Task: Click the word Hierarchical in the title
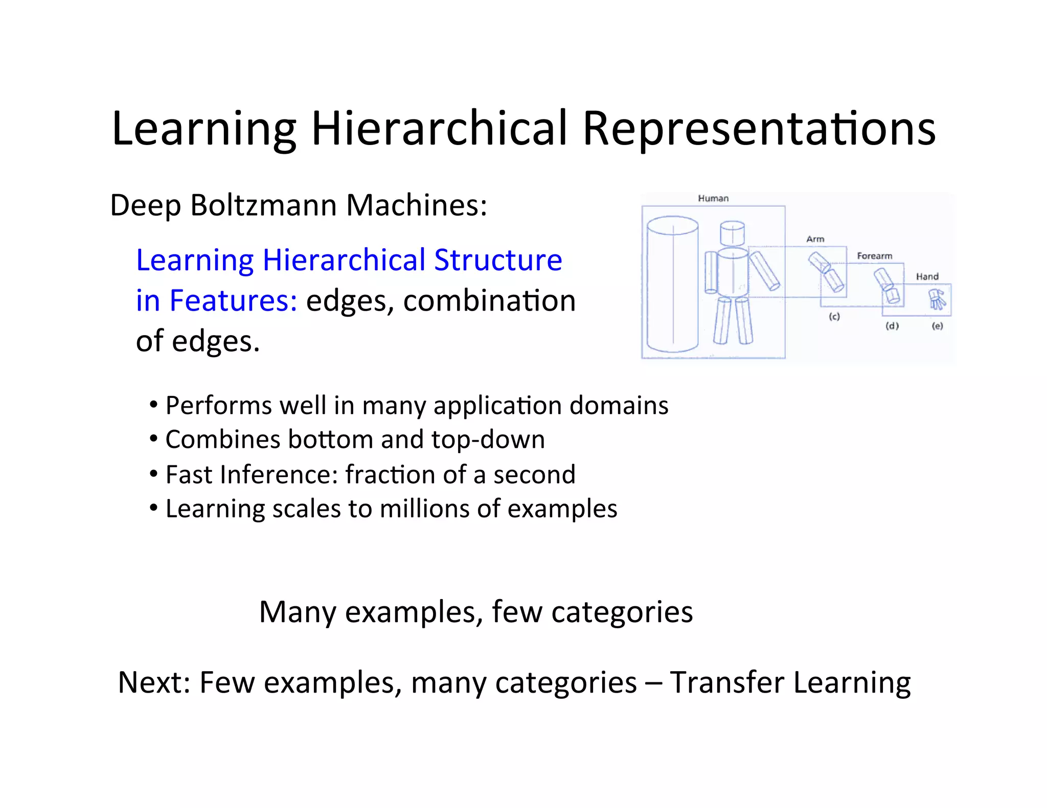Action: pos(439,128)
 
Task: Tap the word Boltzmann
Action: pos(263,205)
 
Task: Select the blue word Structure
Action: pos(498,260)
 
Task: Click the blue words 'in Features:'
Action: pos(216,300)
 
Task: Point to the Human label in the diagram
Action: pos(713,198)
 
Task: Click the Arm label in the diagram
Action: pos(815,239)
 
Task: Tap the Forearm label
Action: pos(874,256)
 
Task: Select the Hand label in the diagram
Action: pos(927,277)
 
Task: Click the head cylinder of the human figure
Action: pos(732,233)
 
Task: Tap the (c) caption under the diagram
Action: pos(834,317)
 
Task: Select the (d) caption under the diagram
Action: pos(892,326)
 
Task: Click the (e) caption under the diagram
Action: pos(937,326)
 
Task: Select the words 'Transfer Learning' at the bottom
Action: pos(790,682)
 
